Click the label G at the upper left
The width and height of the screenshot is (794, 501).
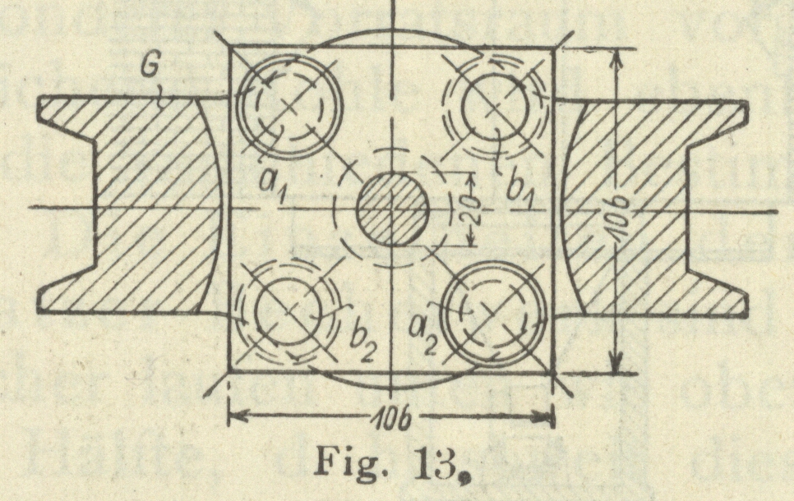(149, 66)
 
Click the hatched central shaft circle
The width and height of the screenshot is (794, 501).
(393, 209)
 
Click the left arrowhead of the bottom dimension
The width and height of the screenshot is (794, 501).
(234, 414)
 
